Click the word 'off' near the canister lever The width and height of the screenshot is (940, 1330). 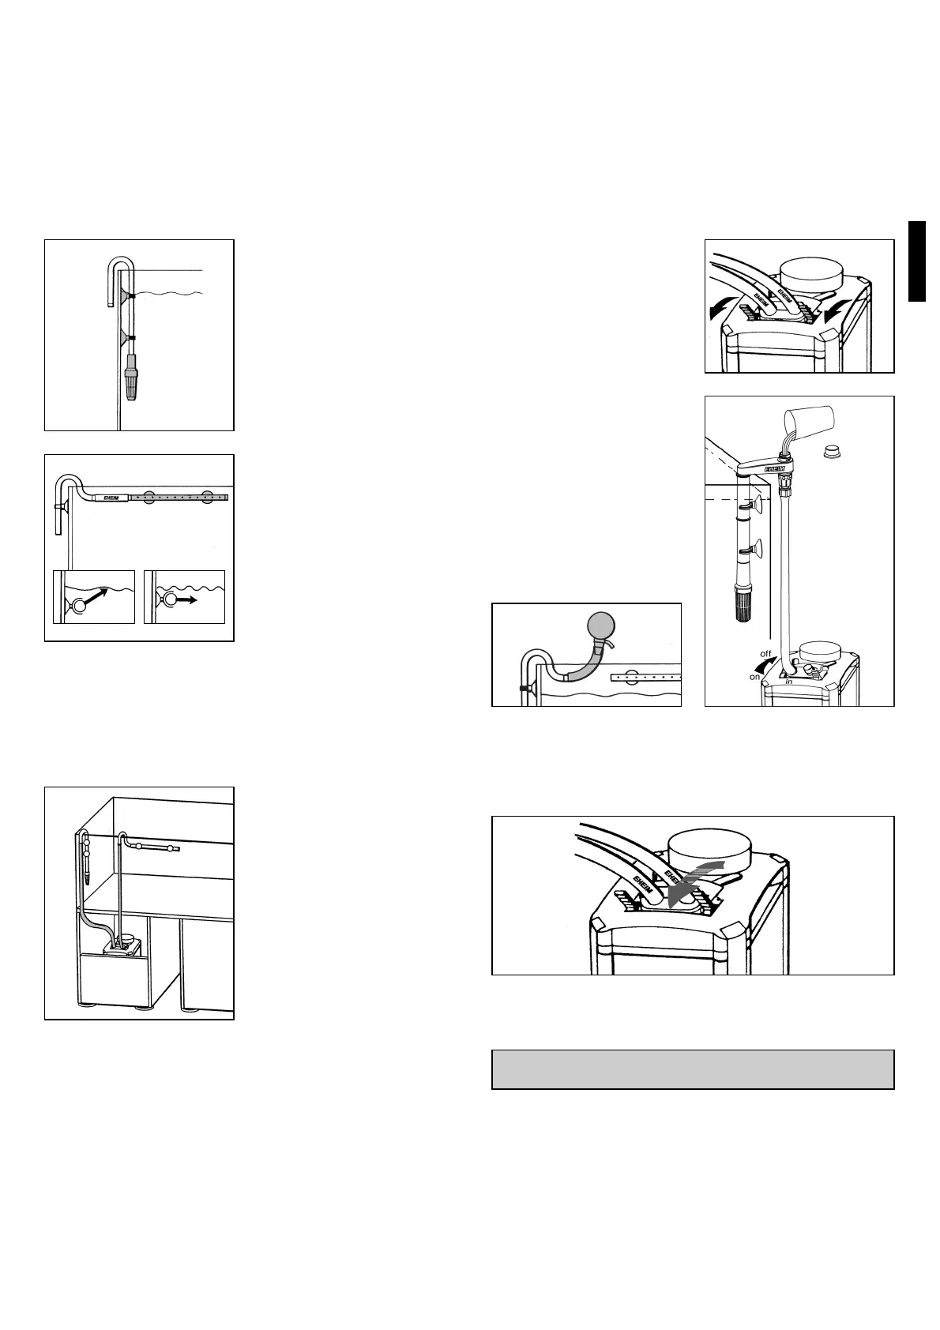tap(765, 654)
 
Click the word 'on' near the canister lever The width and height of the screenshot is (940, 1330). tap(756, 677)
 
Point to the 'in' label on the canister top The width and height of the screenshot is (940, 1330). tap(788, 681)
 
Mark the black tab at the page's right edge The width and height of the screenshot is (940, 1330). tap(916, 261)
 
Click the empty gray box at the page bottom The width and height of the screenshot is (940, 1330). tap(693, 1069)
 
